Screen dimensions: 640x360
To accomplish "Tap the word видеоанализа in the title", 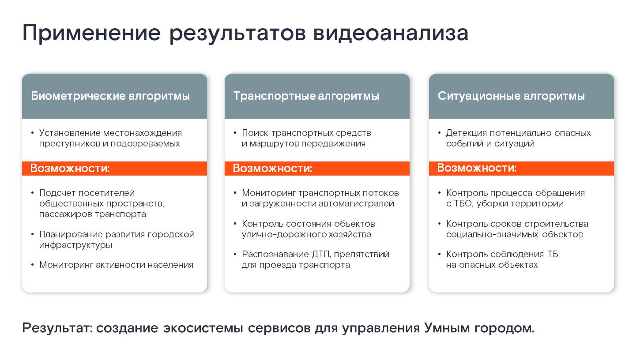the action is click(391, 33).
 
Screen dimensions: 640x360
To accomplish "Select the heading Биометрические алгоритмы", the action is click(110, 96).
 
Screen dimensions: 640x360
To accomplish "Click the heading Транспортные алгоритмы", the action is click(306, 96).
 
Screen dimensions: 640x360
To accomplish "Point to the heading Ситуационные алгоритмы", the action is click(511, 96).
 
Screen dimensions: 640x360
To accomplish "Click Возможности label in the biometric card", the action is click(70, 168).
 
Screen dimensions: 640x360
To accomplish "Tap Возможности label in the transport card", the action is click(272, 168).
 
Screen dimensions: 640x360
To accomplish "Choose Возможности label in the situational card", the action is click(477, 168).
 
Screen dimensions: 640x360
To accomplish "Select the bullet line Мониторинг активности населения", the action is click(116, 265).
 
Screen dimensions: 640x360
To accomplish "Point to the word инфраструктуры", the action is click(75, 245).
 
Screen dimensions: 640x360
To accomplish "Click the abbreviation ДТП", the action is click(321, 255).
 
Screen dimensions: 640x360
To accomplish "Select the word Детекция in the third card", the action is click(467, 133).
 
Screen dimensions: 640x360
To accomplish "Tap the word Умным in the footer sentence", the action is click(447, 328).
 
